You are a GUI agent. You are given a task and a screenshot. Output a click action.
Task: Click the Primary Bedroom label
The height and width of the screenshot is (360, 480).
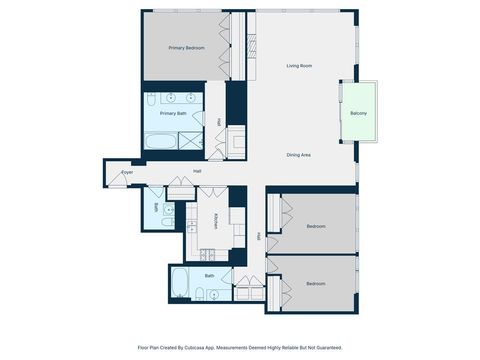click(x=186, y=47)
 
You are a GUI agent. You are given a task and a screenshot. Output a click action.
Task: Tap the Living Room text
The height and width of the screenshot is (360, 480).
click(x=300, y=66)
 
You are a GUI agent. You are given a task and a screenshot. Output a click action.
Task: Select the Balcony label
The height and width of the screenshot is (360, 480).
click(x=358, y=113)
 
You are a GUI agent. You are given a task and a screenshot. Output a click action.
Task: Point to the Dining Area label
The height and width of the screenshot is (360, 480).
click(x=300, y=155)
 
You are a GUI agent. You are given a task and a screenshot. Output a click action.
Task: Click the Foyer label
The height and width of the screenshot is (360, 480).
click(x=127, y=173)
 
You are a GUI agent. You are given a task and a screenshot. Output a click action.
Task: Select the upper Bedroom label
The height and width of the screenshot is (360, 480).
click(x=316, y=226)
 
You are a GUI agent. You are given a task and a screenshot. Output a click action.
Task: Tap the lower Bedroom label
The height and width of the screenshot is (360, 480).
click(x=316, y=284)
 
